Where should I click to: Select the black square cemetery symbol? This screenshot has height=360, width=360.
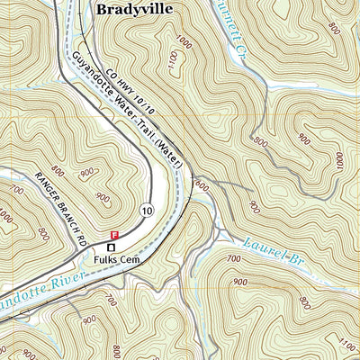click(x=112, y=246)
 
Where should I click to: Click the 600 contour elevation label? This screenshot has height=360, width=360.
click(x=199, y=186)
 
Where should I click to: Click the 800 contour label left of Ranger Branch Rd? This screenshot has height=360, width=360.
click(x=59, y=170)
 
